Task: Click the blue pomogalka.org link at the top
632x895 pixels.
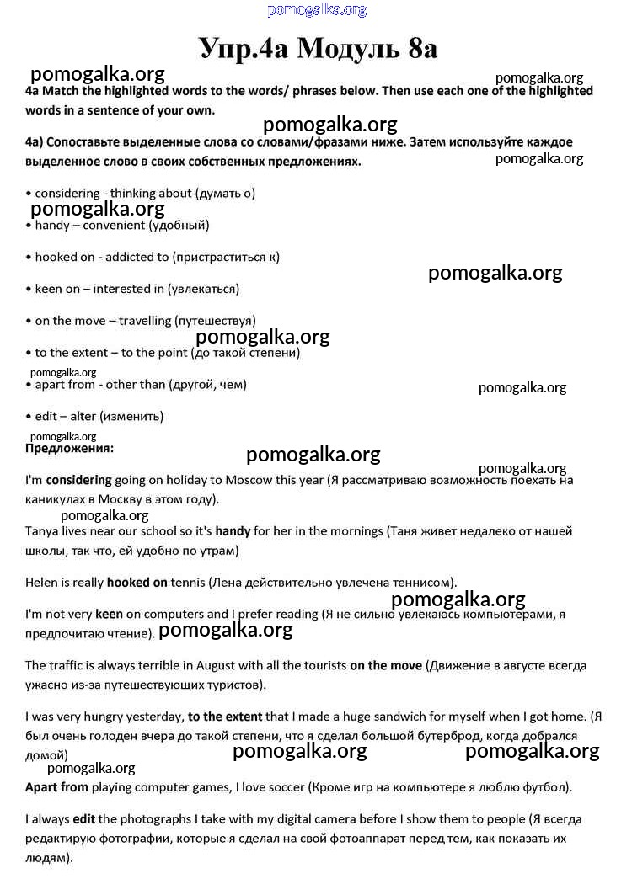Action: [317, 10]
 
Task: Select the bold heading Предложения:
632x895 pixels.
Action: [69, 449]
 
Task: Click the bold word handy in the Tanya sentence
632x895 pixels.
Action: [233, 531]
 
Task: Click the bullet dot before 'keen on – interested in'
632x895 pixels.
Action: [29, 290]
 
